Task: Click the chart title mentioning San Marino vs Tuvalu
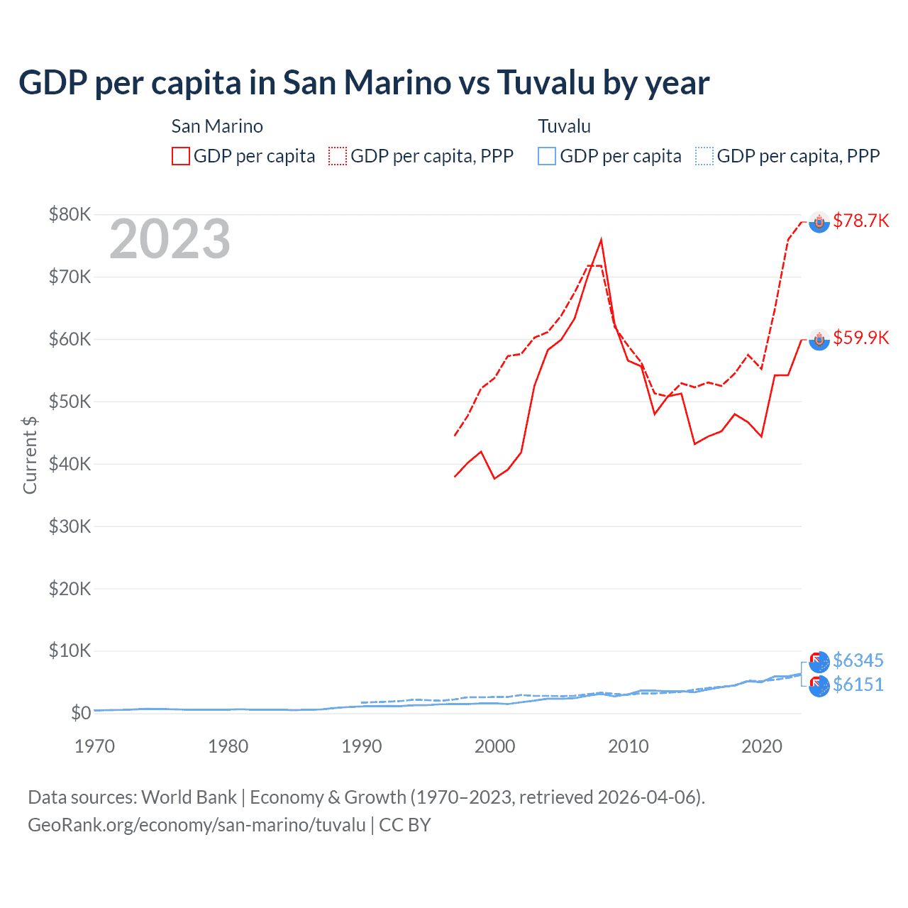click(363, 82)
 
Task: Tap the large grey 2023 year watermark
click(170, 239)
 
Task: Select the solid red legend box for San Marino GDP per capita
click(181, 156)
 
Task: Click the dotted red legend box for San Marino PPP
click(338, 156)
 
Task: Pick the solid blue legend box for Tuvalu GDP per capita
click(547, 156)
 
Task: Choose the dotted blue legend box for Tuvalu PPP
click(704, 156)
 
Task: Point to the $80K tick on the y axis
click(70, 214)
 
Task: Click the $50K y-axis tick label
click(70, 402)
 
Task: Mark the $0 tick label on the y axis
click(80, 713)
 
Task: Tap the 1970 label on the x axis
click(94, 746)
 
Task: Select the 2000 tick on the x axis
click(494, 746)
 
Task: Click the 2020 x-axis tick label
click(761, 746)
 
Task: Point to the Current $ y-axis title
click(30, 455)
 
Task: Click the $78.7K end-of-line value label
click(860, 221)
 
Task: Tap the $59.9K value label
click(860, 338)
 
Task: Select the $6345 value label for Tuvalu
click(858, 660)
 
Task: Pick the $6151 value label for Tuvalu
click(858, 685)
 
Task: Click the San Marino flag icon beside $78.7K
click(819, 222)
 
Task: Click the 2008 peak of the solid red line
click(601, 240)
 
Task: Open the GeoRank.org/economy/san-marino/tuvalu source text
click(196, 825)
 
